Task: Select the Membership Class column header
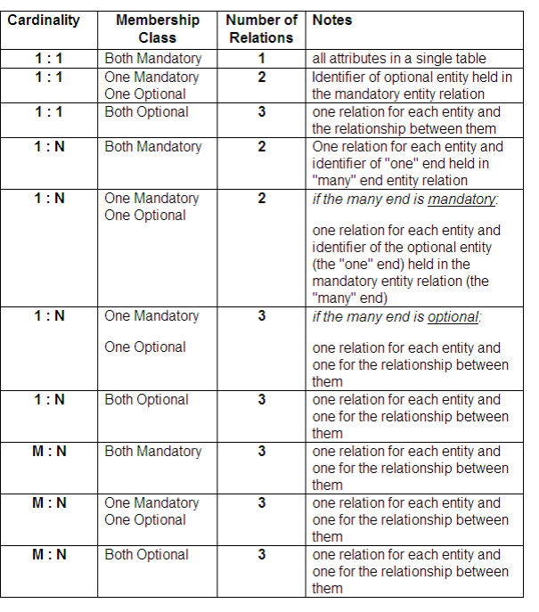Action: click(x=158, y=29)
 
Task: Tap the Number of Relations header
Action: click(x=261, y=29)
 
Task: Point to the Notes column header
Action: click(x=332, y=20)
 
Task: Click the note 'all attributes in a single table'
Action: click(x=399, y=59)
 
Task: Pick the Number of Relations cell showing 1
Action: click(x=262, y=59)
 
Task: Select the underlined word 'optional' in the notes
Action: click(x=453, y=316)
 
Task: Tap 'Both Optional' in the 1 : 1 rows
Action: click(x=147, y=112)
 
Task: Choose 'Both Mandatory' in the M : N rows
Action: click(x=153, y=452)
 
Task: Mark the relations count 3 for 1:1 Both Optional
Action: click(x=262, y=112)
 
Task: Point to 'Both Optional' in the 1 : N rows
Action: click(x=147, y=400)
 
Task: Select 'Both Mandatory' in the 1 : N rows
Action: click(x=153, y=147)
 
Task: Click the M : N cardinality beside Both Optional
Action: click(x=49, y=555)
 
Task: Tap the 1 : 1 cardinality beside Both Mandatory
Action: click(x=49, y=59)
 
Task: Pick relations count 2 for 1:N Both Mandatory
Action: click(x=262, y=147)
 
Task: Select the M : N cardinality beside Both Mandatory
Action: click(x=49, y=452)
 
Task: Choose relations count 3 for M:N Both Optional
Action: click(x=262, y=555)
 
